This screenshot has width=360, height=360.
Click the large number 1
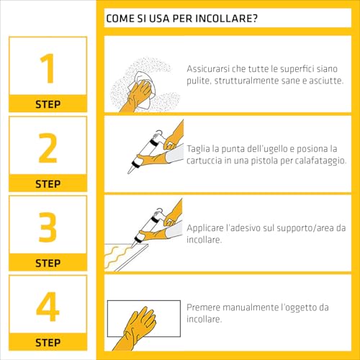point(48,68)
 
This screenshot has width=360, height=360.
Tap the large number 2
point(48,148)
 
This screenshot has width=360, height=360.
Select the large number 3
point(48,227)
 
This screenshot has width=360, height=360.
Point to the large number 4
point(48,306)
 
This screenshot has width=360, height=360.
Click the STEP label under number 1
point(48,104)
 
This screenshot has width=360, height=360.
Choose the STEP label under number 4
point(48,342)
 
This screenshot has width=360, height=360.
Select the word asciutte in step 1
point(318,81)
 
